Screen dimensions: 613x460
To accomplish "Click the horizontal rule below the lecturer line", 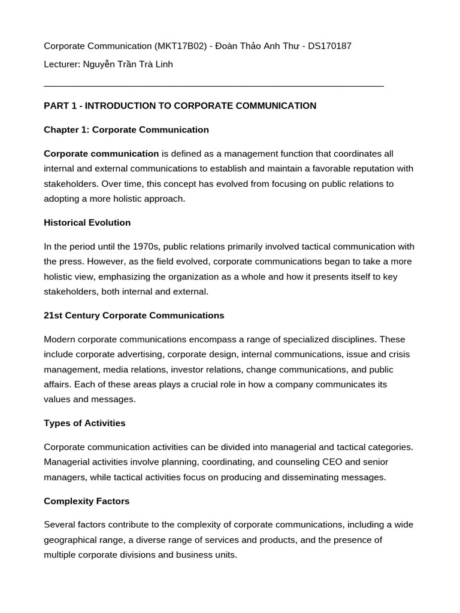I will pos(214,87).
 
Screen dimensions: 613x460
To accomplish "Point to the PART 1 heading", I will pos(180,106).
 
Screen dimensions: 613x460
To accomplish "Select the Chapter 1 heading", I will pos(126,130).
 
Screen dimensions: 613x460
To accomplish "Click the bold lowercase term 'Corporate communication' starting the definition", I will pos(101,154).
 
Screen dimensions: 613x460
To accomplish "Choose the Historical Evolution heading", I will pos(87,223).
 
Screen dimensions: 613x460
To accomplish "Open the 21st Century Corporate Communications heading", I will pos(134,315).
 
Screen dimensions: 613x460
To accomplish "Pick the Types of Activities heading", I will pos(84,423).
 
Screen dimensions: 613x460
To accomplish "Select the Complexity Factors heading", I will pos(86,501).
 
